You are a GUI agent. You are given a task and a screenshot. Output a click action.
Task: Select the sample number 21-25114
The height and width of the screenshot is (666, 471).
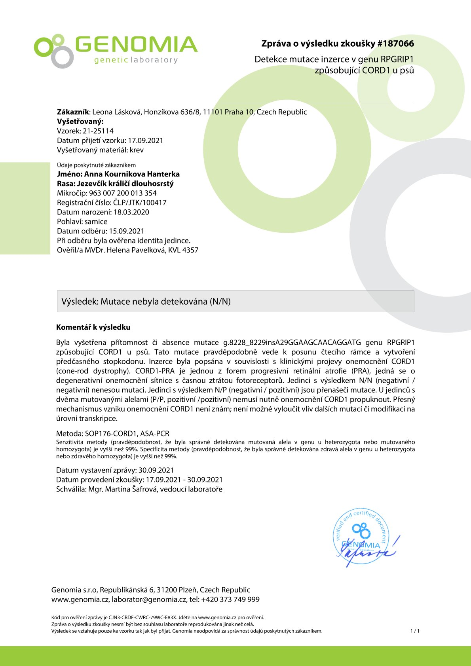pyautogui.click(x=98, y=131)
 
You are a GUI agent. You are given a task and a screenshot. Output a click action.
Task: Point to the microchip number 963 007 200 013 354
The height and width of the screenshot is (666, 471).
pyautogui.click(x=123, y=193)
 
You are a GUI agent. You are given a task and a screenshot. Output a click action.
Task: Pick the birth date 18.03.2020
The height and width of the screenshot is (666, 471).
pyautogui.click(x=131, y=212)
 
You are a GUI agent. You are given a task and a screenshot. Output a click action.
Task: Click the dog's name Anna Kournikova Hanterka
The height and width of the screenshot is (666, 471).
pyautogui.click(x=132, y=174)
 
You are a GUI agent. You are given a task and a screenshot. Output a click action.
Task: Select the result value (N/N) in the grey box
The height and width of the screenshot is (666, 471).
pyautogui.click(x=220, y=302)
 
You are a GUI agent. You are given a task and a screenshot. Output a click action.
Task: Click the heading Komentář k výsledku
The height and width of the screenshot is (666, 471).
pyautogui.click(x=93, y=327)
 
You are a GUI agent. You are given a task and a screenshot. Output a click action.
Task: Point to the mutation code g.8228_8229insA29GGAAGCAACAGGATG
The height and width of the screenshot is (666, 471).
pyautogui.click(x=292, y=342)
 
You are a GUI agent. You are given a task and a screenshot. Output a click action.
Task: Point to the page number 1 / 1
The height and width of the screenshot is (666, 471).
pyautogui.click(x=415, y=631)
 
